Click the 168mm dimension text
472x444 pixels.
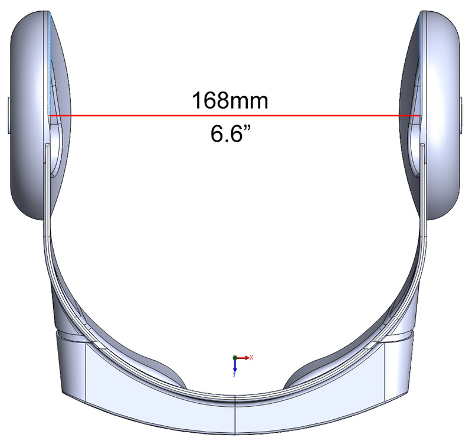pyautogui.click(x=230, y=100)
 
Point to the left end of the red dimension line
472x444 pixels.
pyautogui.click(x=49, y=116)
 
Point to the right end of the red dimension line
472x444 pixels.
pyautogui.click(x=421, y=116)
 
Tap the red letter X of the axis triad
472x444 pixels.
pyautogui.click(x=252, y=357)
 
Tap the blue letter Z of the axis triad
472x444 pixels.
pyautogui.click(x=234, y=375)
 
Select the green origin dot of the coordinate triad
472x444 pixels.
pyautogui.click(x=235, y=358)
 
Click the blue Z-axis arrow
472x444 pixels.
pyautogui.click(x=235, y=366)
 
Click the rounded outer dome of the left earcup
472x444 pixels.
pyautogui.click(x=24, y=118)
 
